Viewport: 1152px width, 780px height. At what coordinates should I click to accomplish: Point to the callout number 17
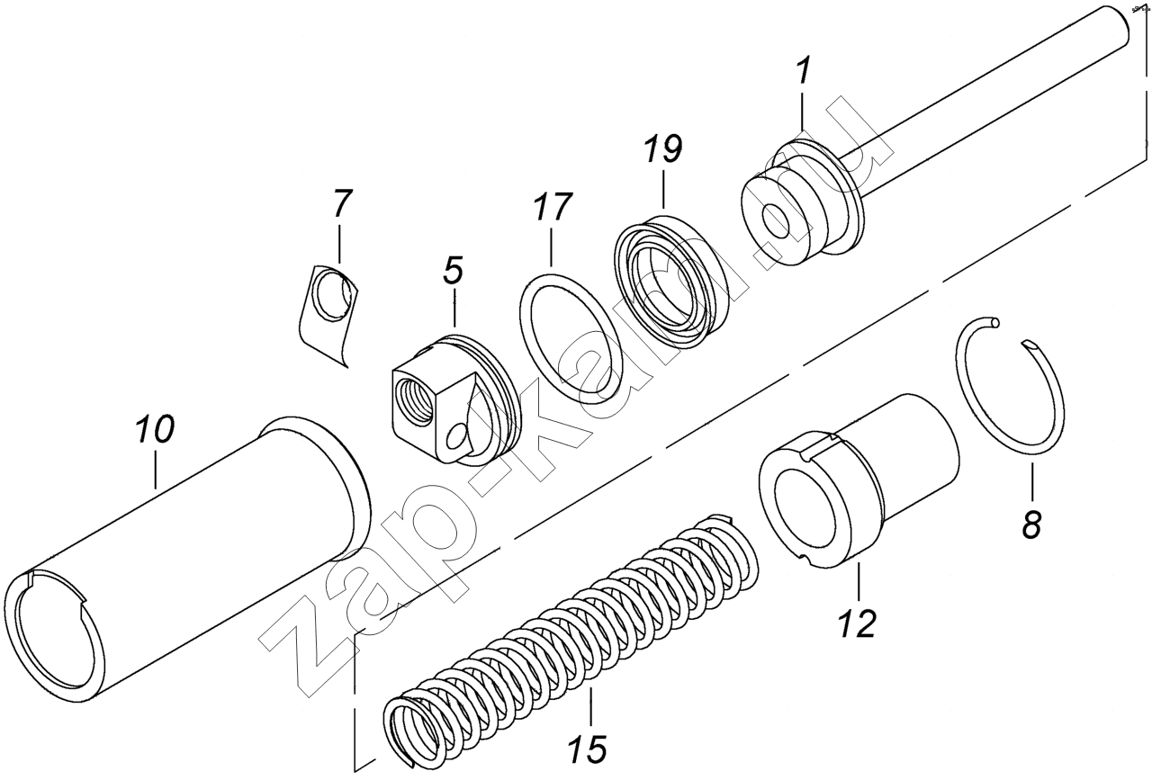tap(552, 209)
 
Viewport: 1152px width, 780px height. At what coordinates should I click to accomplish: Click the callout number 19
tap(663, 150)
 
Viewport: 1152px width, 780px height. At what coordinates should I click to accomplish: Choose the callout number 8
tap(1031, 524)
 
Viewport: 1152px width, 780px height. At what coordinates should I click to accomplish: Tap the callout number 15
tap(589, 749)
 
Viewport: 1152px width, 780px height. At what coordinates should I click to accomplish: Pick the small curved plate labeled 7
tap(328, 310)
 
